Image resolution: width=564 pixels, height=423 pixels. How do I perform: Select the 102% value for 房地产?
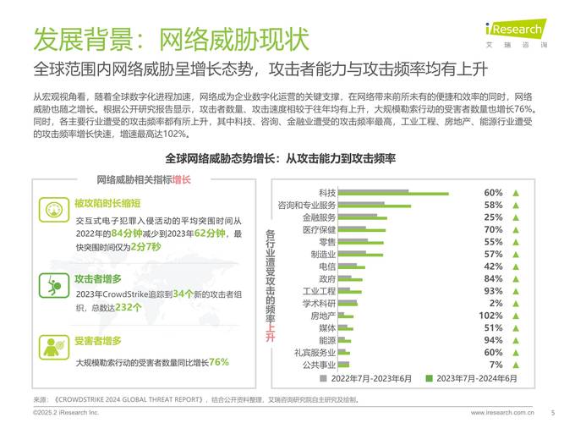(493, 315)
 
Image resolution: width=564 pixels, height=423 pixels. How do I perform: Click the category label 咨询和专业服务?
(306, 205)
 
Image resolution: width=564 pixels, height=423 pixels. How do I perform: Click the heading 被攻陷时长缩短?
(107, 203)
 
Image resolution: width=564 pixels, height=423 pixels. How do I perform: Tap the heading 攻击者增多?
(98, 277)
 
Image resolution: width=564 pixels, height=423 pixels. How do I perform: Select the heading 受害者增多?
(98, 341)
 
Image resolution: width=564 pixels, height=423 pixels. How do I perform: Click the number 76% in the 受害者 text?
(219, 361)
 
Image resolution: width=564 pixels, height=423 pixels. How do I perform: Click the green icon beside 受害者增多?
(52, 347)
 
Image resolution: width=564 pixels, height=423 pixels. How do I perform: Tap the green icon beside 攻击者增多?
(52, 283)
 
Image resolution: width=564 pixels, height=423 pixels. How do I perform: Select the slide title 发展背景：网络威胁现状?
(171, 39)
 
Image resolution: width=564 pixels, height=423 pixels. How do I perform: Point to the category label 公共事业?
(319, 365)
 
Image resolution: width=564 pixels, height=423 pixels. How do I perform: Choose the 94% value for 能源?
(494, 339)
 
